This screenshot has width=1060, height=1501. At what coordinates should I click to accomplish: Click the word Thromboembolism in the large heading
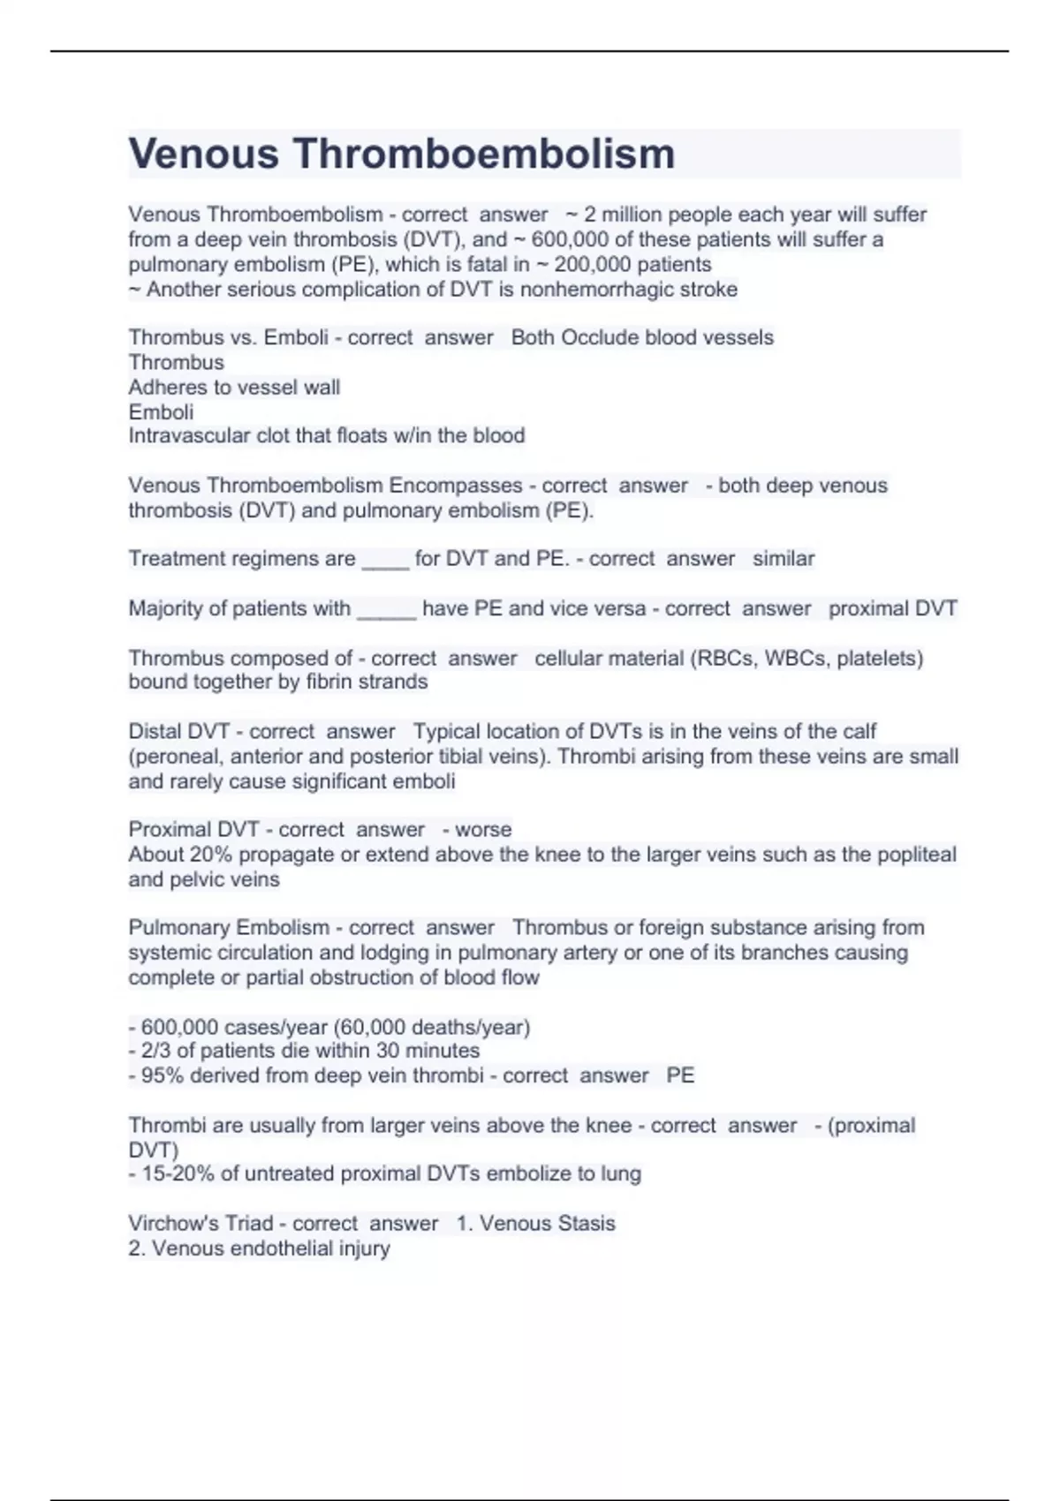pos(484,154)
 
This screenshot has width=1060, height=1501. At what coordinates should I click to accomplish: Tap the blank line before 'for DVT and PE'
pos(385,560)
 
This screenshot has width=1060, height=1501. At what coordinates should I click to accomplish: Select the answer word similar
pos(784,559)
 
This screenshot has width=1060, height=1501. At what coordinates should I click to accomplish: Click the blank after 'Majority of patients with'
pos(386,609)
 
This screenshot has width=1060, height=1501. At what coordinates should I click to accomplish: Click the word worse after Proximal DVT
pos(483,830)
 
